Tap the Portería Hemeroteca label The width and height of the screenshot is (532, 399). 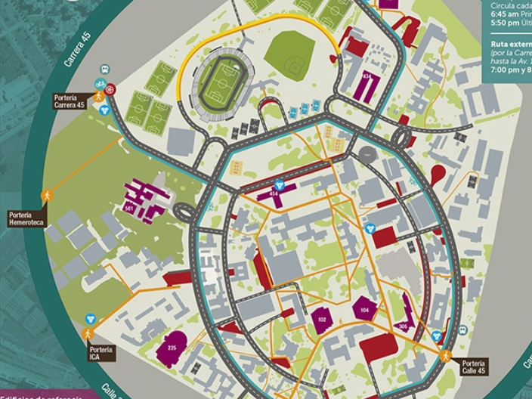pyautogui.click(x=27, y=218)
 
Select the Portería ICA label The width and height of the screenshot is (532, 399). pyautogui.click(x=101, y=353)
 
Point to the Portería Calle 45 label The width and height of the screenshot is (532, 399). pyautogui.click(x=474, y=367)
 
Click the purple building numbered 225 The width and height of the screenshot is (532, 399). pyautogui.click(x=172, y=347)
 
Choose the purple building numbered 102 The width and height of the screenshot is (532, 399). pyautogui.click(x=322, y=320)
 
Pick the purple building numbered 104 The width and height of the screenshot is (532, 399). pyautogui.click(x=365, y=310)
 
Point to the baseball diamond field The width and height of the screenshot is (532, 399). pyautogui.click(x=289, y=51)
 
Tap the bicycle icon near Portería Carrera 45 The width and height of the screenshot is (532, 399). pyautogui.click(x=101, y=83)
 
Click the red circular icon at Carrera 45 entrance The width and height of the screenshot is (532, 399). pyautogui.click(x=111, y=89)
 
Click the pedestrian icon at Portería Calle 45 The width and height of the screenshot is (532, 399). pyautogui.click(x=446, y=355)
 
